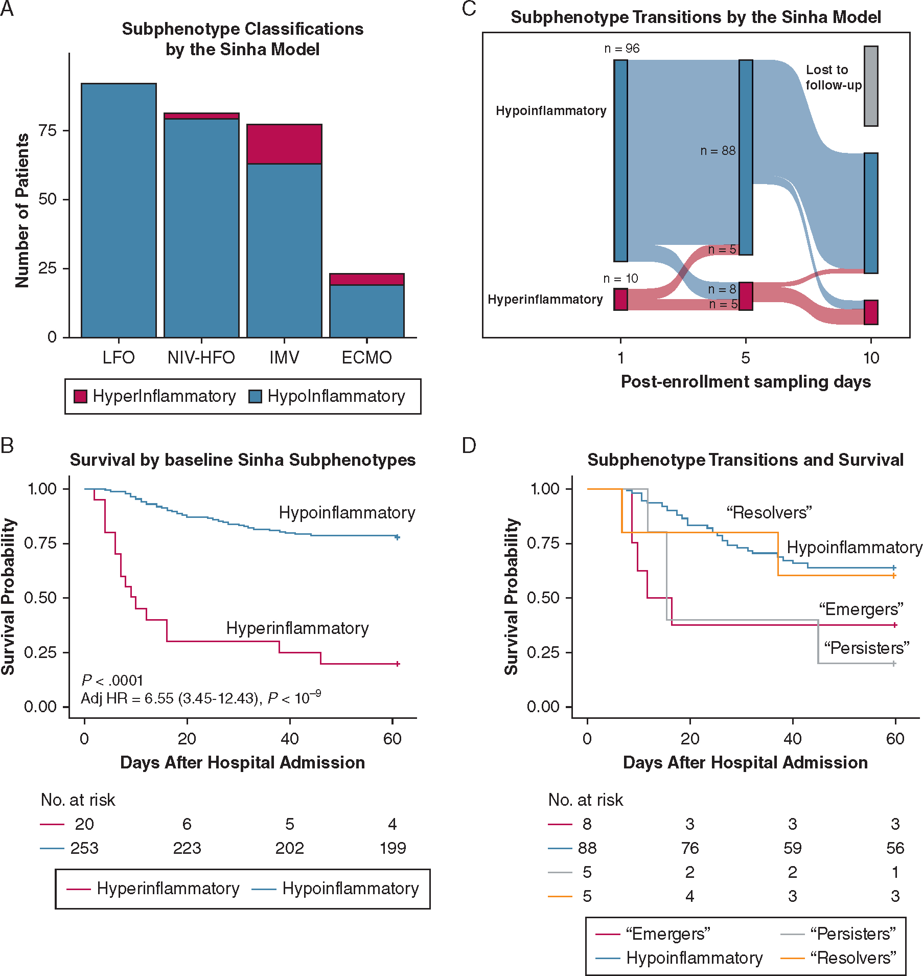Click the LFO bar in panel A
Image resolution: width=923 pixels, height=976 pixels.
click(x=119, y=210)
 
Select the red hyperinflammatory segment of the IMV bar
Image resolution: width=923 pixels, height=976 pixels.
click(x=284, y=144)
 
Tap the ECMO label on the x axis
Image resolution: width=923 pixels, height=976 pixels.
click(x=366, y=357)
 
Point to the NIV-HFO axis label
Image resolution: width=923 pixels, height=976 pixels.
click(x=201, y=357)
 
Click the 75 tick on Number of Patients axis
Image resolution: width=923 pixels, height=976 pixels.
click(x=48, y=130)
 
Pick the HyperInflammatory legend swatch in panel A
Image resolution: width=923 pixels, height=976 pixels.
click(x=80, y=396)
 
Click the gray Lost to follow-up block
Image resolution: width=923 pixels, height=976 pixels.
click(x=871, y=86)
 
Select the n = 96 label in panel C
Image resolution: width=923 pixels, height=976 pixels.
click(x=621, y=48)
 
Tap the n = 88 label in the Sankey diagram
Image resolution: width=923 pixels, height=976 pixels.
click(x=718, y=150)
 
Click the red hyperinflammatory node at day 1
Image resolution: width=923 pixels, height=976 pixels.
click(x=620, y=299)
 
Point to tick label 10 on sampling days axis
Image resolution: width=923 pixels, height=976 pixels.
click(x=871, y=358)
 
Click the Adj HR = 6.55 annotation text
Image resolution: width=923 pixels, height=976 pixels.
click(x=201, y=698)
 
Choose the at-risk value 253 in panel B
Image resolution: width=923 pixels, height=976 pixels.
click(x=84, y=848)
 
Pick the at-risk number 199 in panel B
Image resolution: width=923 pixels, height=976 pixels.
click(x=393, y=848)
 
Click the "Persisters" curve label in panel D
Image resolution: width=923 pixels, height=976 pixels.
click(x=867, y=648)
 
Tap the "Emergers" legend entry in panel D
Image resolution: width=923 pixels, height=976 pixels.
click(x=653, y=934)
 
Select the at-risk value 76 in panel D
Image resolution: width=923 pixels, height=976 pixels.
click(x=690, y=848)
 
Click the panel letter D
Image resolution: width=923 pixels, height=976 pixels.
click(x=469, y=445)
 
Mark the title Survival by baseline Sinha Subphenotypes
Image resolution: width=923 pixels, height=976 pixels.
click(x=243, y=460)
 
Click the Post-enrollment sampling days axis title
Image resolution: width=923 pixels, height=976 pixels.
click(x=746, y=381)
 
